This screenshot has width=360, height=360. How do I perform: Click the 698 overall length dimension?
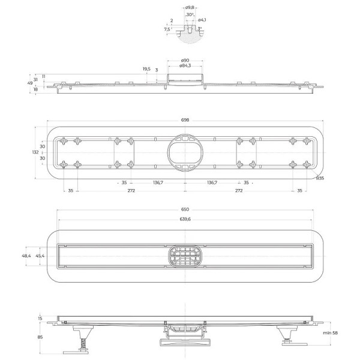coord(185,120)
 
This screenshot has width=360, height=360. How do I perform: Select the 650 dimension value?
coord(185,209)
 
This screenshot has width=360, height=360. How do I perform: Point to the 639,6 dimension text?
coord(185,219)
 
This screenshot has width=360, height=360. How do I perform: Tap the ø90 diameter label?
coord(185,61)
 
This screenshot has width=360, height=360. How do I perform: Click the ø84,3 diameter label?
coord(185,65)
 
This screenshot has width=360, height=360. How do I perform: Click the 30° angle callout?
coord(189,14)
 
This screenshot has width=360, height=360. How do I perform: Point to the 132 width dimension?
coord(34,152)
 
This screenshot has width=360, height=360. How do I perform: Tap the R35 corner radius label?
coord(320,178)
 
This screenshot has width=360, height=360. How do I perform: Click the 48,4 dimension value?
coord(26,256)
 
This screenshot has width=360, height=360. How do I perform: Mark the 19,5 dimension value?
coord(146,69)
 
